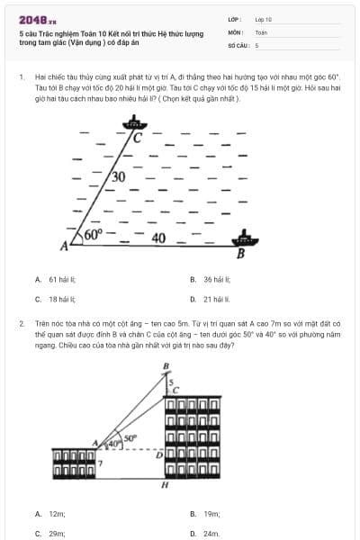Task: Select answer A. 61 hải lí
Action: pos(55,280)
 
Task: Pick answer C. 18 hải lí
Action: pos(55,299)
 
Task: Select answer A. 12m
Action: pos(50,513)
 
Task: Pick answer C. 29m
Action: pos(50,533)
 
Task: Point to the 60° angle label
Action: pos(94,235)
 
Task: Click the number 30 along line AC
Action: pos(118,176)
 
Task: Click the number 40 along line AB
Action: pos(158,238)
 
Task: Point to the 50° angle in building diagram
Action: pos(130,438)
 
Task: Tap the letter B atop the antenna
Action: pos(166,365)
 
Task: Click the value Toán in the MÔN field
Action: pos(261,31)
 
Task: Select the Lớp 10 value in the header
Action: pos(264,18)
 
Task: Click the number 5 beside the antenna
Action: pos(173,382)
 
